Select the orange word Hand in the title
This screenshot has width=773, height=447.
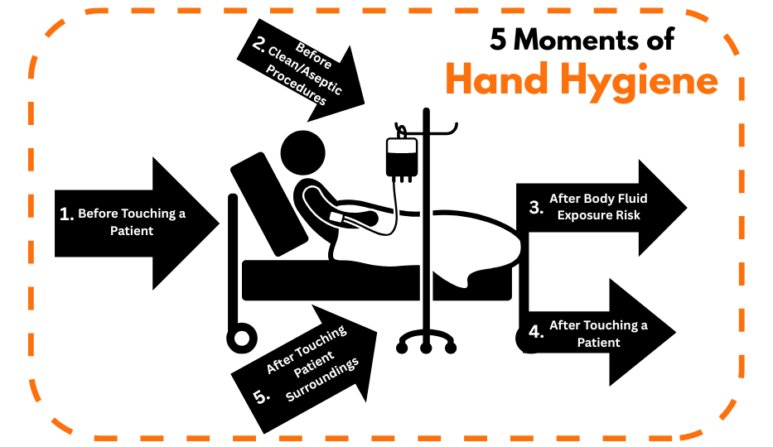[497, 79]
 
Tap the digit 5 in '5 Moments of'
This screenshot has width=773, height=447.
[498, 40]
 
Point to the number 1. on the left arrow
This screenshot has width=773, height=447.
[66, 214]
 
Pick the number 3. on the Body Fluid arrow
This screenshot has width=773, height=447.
[536, 207]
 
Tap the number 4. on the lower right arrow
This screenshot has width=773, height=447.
[536, 332]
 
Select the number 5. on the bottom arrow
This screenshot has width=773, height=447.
[261, 397]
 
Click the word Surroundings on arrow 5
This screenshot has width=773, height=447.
[322, 379]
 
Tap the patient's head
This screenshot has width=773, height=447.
[302, 152]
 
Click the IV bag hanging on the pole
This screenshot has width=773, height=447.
[402, 157]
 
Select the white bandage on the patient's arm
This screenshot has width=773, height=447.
[336, 217]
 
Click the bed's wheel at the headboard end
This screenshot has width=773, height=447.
[242, 339]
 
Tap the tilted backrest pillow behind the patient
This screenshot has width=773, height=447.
[268, 204]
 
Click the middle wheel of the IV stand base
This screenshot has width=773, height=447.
[427, 348]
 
